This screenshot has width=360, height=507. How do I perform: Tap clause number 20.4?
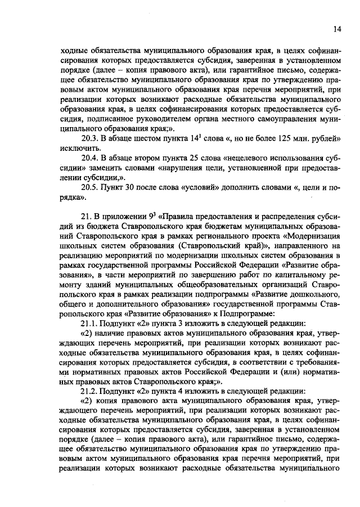(91, 158)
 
